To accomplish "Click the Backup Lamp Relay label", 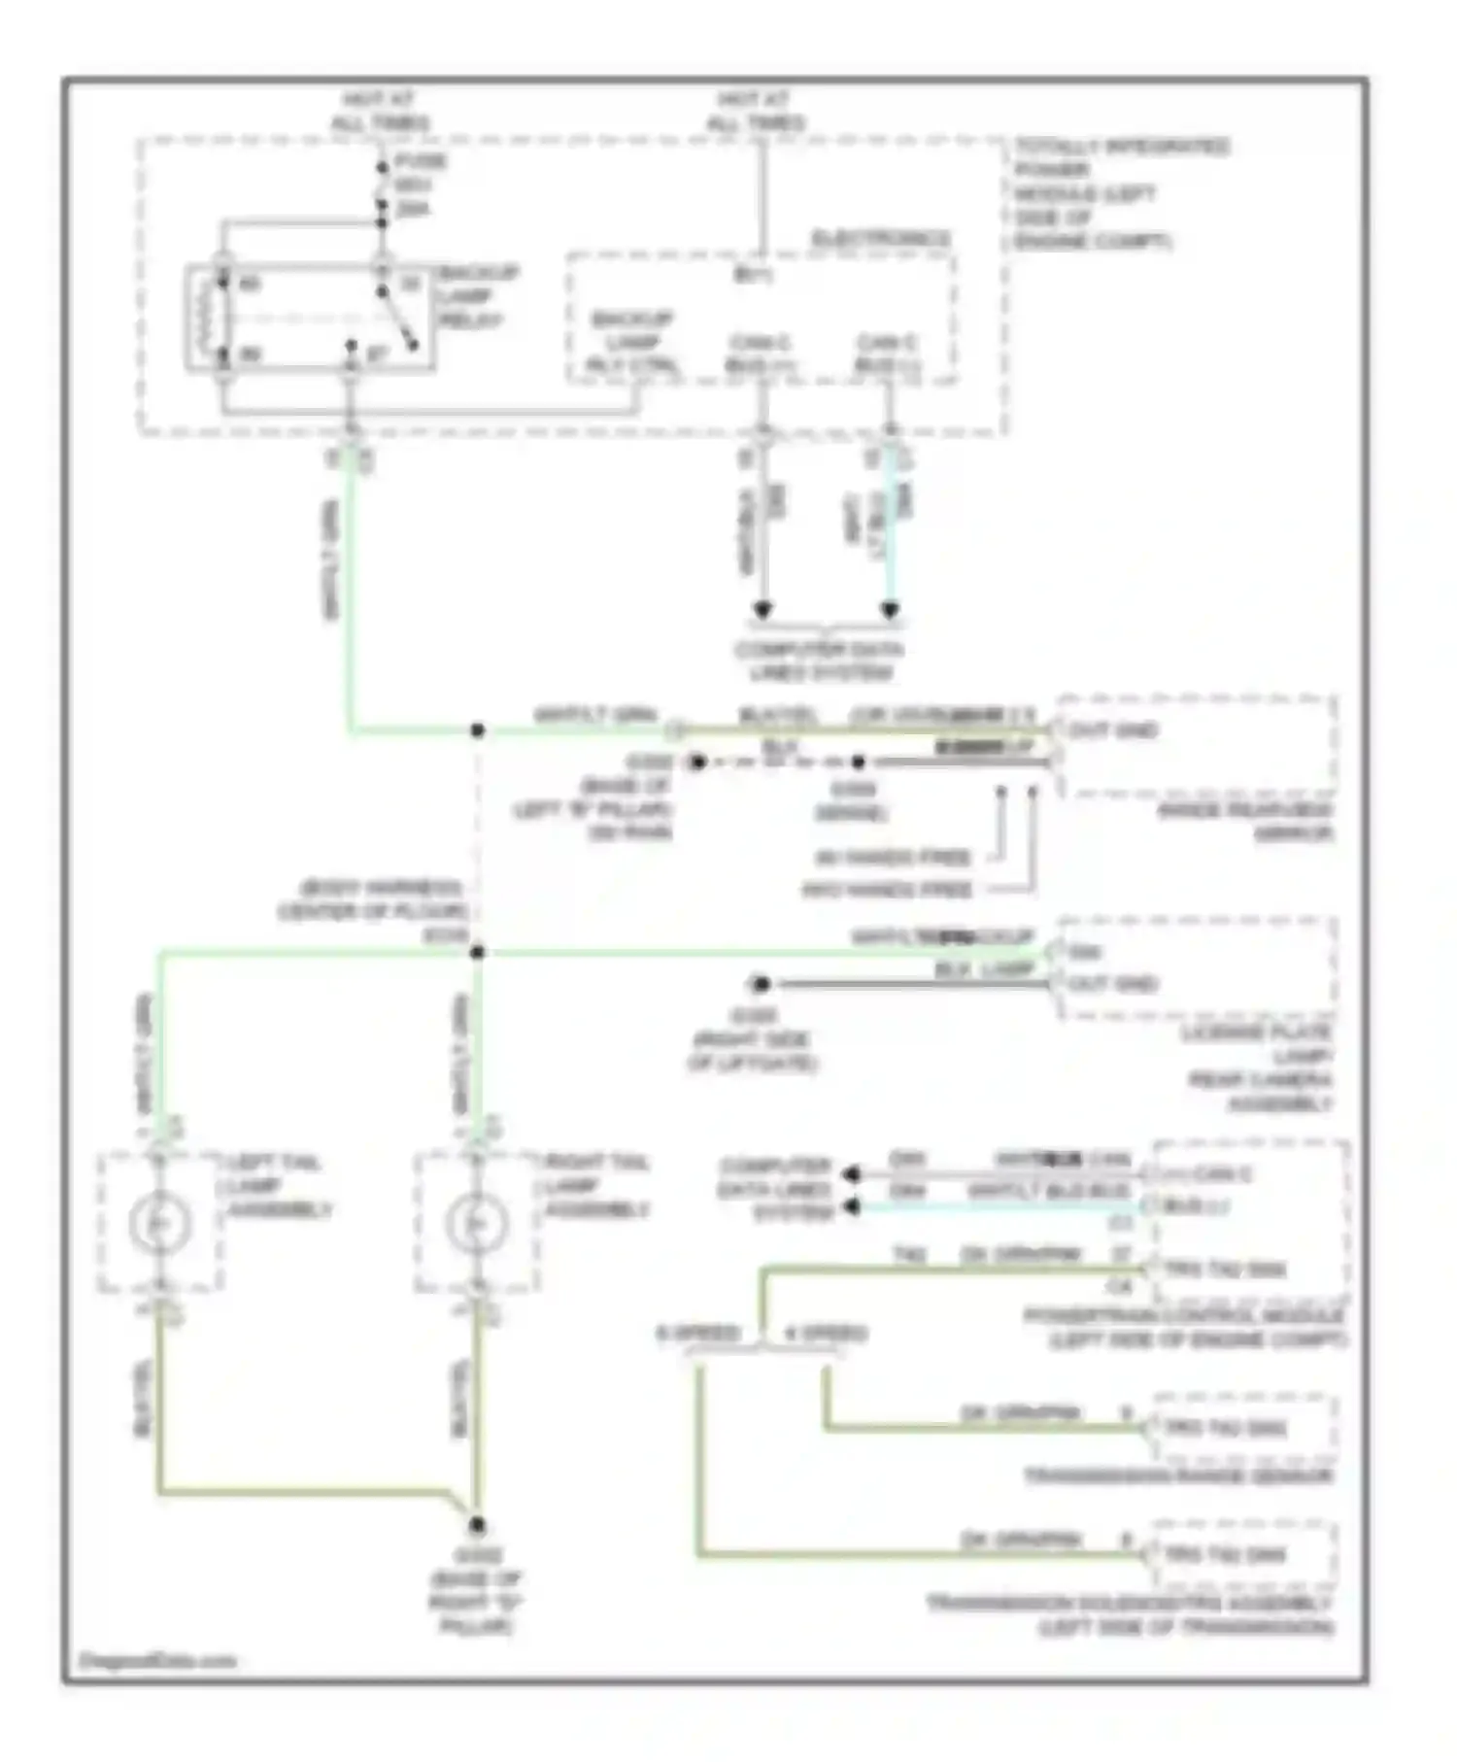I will [477, 296].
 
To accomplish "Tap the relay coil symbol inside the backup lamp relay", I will [206, 316].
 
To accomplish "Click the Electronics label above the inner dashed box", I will [880, 238].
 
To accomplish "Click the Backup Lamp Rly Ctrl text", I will [633, 342].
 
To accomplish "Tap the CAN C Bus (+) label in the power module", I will [760, 354].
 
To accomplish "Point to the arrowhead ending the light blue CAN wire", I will [890, 611].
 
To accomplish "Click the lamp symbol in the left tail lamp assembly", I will [159, 1222].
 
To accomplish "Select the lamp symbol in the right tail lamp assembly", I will [476, 1222].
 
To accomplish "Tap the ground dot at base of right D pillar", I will [477, 1526].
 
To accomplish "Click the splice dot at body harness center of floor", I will [477, 953].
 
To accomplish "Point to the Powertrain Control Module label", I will [1185, 1327].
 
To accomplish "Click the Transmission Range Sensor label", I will [1179, 1476].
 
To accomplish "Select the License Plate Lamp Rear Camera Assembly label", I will [1259, 1067].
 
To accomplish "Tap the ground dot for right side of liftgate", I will [761, 984].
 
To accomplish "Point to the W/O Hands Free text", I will [886, 890].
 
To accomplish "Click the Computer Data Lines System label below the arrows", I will [820, 661].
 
